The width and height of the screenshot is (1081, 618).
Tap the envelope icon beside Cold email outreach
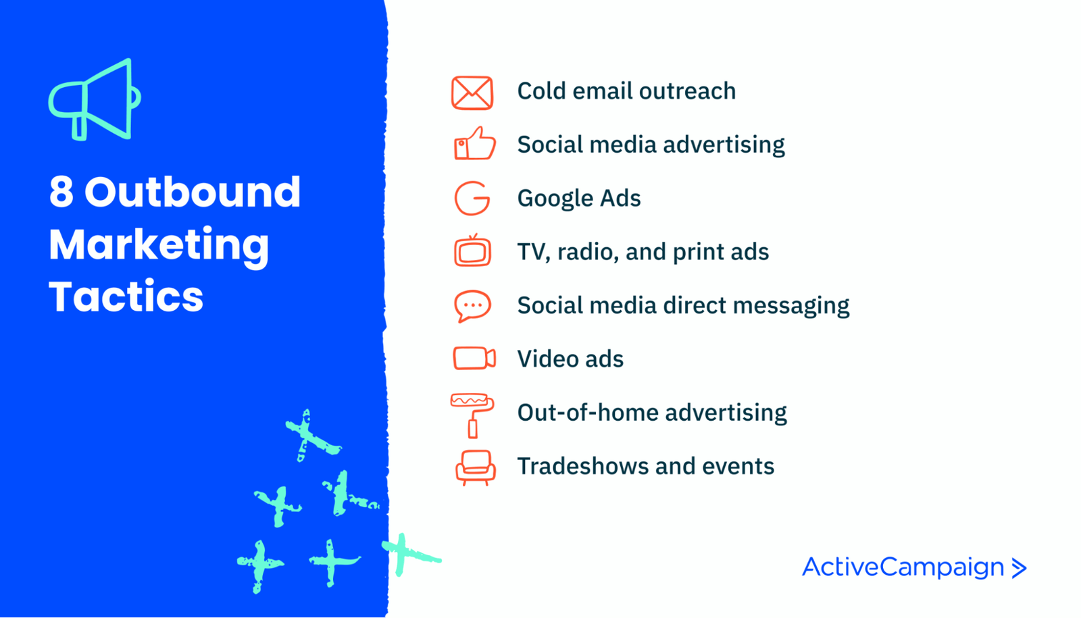pyautogui.click(x=472, y=93)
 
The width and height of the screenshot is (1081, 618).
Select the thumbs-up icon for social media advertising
pyautogui.click(x=474, y=144)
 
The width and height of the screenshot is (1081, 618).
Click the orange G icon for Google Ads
pyautogui.click(x=472, y=198)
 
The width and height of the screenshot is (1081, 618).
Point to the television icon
pyautogui.click(x=472, y=251)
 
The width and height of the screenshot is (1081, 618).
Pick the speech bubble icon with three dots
pyautogui.click(x=472, y=305)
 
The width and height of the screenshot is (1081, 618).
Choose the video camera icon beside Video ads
pyautogui.click(x=474, y=358)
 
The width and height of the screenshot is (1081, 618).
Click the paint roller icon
pyautogui.click(x=472, y=413)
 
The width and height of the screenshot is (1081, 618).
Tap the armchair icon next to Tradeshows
pyautogui.click(x=475, y=467)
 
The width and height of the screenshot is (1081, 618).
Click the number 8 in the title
pyautogui.click(x=61, y=192)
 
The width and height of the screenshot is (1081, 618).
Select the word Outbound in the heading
pyautogui.click(x=193, y=192)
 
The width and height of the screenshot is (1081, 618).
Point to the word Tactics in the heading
pyautogui.click(x=126, y=297)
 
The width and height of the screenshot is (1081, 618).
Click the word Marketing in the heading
pyautogui.click(x=159, y=244)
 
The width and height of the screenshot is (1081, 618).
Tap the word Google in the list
pyautogui.click(x=548, y=199)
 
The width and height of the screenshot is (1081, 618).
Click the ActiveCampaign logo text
pyautogui.click(x=903, y=567)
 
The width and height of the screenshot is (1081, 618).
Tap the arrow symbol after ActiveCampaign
pyautogui.click(x=1019, y=568)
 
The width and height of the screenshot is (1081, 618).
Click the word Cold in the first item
pyautogui.click(x=541, y=91)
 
